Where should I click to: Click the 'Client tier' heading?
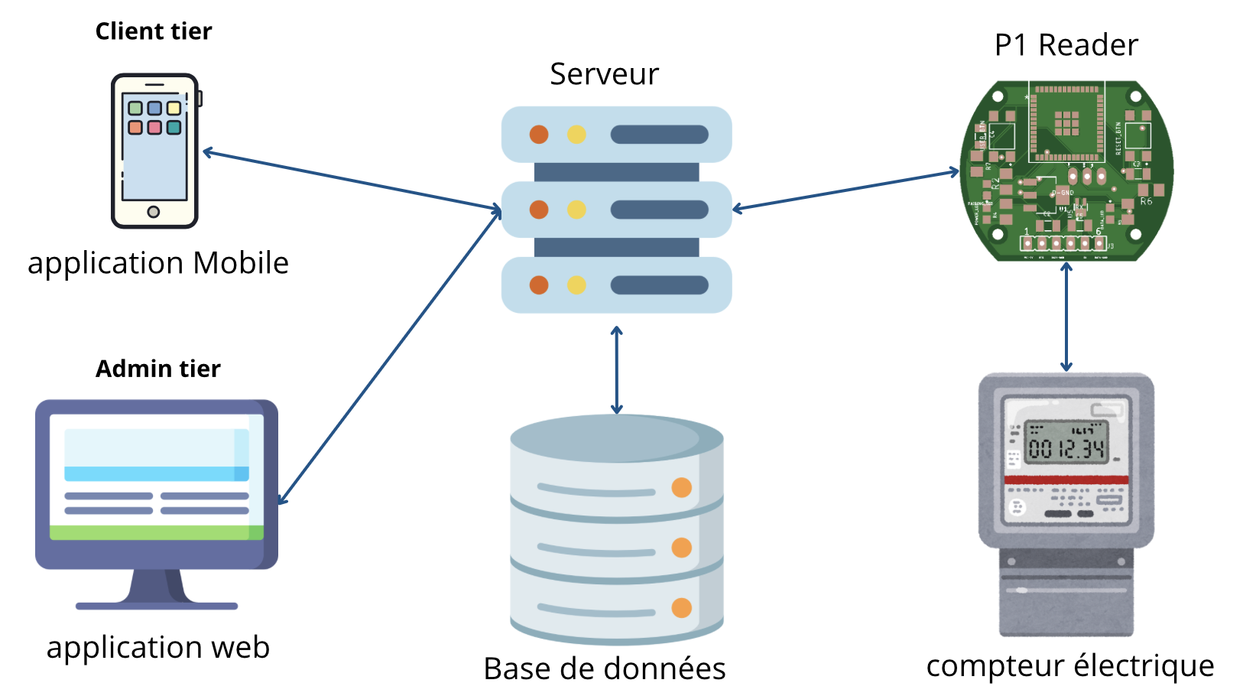154,31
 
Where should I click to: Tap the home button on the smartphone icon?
154,212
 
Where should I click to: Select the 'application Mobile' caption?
158,263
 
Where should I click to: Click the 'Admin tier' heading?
157,369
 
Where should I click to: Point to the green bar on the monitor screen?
156,532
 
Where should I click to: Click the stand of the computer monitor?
156,589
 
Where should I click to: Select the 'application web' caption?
158,647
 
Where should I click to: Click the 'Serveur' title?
604,74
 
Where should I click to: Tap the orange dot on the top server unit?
539,135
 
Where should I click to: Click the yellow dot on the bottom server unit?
576,285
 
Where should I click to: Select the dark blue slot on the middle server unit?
659,210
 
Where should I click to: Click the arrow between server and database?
617,371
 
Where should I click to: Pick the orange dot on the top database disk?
681,487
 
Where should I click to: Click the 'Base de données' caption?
604,668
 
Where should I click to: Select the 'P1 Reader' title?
1066,45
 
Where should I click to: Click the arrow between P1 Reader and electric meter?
1066,317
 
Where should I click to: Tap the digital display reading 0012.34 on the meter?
1067,443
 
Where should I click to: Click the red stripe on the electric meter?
1066,480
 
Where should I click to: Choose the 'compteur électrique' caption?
1069,665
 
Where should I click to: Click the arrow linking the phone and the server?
352,181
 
